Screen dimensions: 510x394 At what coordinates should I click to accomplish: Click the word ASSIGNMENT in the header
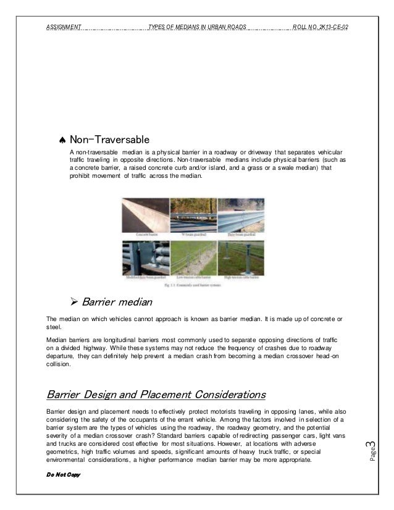64,27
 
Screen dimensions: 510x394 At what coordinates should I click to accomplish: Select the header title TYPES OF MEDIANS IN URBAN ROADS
198,27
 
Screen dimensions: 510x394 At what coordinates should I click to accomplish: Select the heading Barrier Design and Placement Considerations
156,394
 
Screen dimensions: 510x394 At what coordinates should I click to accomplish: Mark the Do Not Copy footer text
64,477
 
